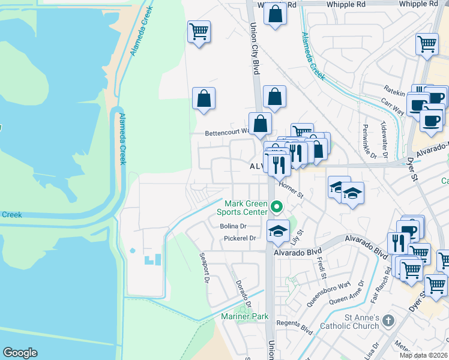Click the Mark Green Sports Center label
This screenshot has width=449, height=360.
point(246,208)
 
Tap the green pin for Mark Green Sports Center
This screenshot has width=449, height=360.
point(277,207)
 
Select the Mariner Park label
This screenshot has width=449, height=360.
point(243,316)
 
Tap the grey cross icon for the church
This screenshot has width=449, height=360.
point(388,320)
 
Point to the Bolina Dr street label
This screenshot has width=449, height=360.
point(234,226)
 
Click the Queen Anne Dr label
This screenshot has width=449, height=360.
point(348,292)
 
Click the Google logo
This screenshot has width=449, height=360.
point(20,353)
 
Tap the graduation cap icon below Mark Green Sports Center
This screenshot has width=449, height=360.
point(278,231)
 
